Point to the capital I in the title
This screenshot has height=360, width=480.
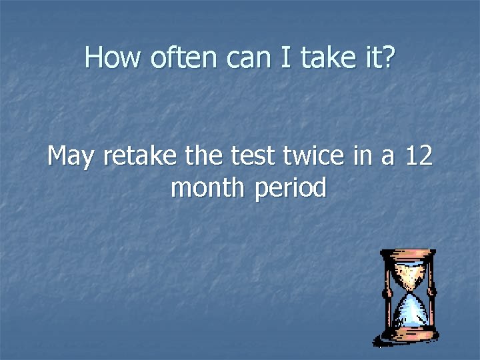[285, 59]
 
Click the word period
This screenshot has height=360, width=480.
[290, 189]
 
